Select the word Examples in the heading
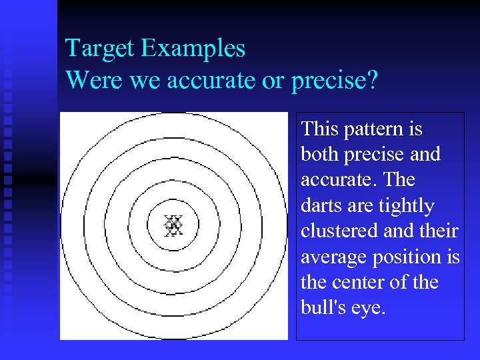pos(193,49)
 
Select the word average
pos(331,257)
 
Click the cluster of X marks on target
pos(173,225)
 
